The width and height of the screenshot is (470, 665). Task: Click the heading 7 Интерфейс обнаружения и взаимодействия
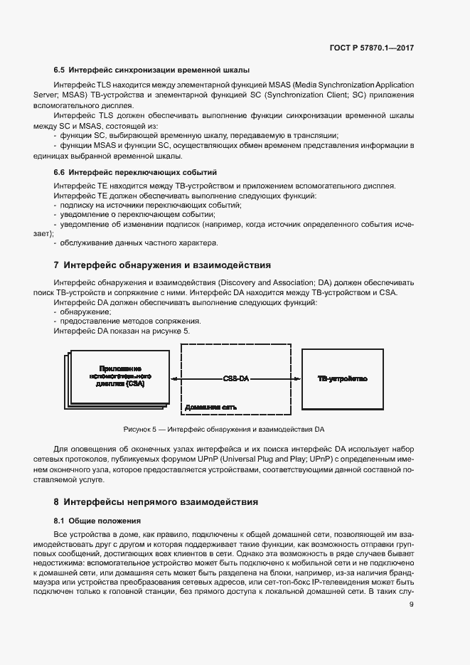[x=162, y=265]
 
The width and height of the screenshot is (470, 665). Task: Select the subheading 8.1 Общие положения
[x=97, y=521]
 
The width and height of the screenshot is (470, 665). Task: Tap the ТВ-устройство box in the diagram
[x=342, y=378]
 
